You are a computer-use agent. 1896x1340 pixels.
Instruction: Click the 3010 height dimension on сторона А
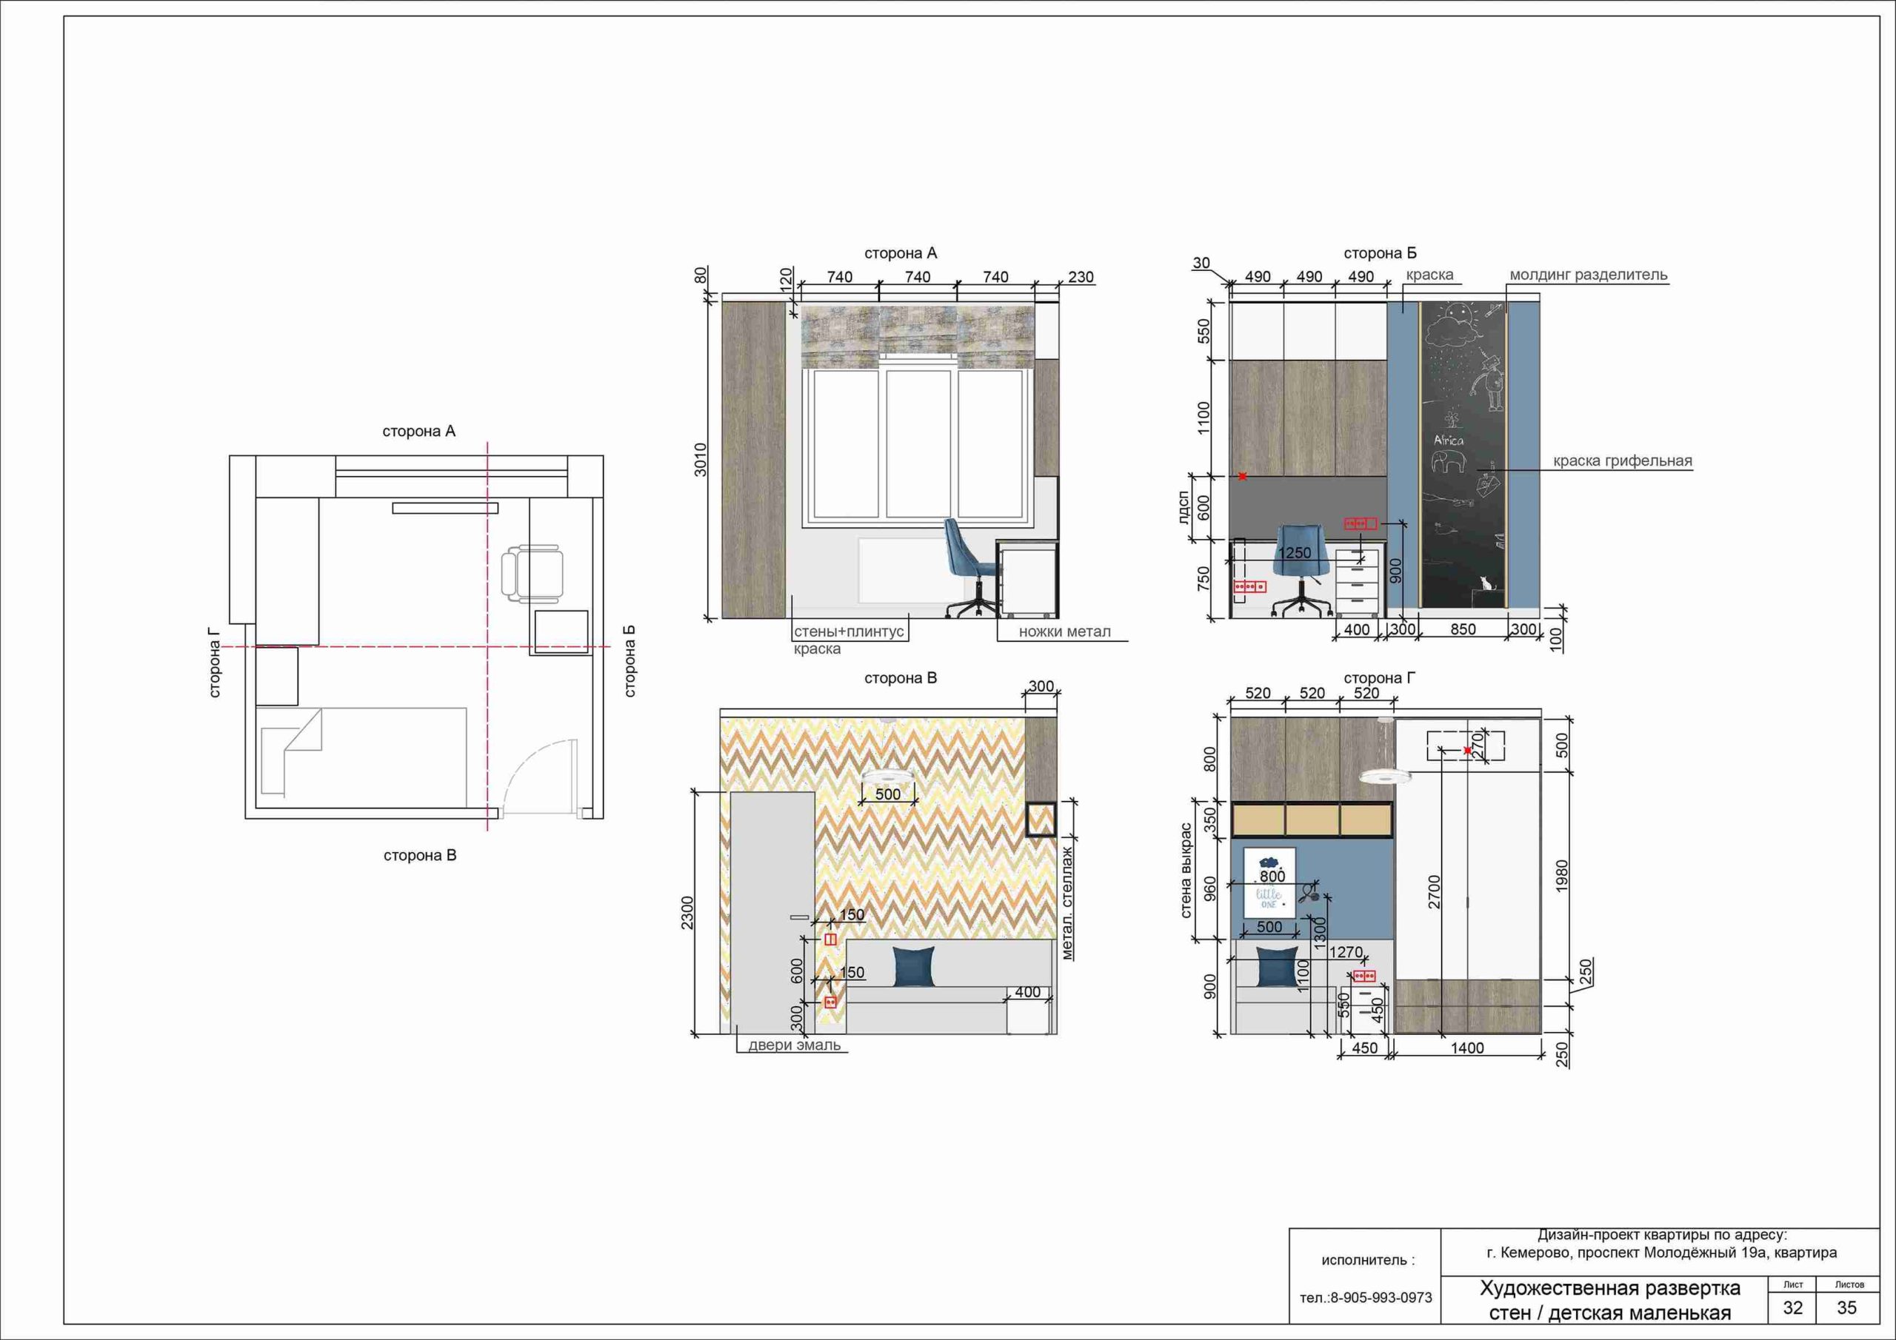701,459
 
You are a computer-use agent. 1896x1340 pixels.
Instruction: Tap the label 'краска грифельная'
1623,460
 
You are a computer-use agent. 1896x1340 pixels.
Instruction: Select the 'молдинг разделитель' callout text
1589,275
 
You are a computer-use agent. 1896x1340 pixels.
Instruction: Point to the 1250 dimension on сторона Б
1294,553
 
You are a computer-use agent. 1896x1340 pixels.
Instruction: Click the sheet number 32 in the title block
1793,1307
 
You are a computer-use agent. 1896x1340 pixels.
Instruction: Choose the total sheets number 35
1846,1307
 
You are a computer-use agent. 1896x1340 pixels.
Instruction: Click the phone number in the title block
1366,1298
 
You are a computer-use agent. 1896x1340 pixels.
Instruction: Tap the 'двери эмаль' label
795,1045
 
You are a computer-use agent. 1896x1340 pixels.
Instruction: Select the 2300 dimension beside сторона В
688,913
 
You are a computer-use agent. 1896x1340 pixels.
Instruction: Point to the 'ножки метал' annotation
1064,632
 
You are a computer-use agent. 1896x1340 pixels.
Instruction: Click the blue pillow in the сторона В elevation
915,967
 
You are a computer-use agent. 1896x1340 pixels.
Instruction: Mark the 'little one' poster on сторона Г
1270,882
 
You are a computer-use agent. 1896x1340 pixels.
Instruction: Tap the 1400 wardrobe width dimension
1467,1048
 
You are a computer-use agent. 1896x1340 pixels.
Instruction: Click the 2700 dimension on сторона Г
1434,891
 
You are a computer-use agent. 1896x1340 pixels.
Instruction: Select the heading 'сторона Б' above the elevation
1380,253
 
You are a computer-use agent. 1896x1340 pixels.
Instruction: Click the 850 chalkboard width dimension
1463,629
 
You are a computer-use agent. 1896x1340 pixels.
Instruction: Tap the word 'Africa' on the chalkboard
1449,440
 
